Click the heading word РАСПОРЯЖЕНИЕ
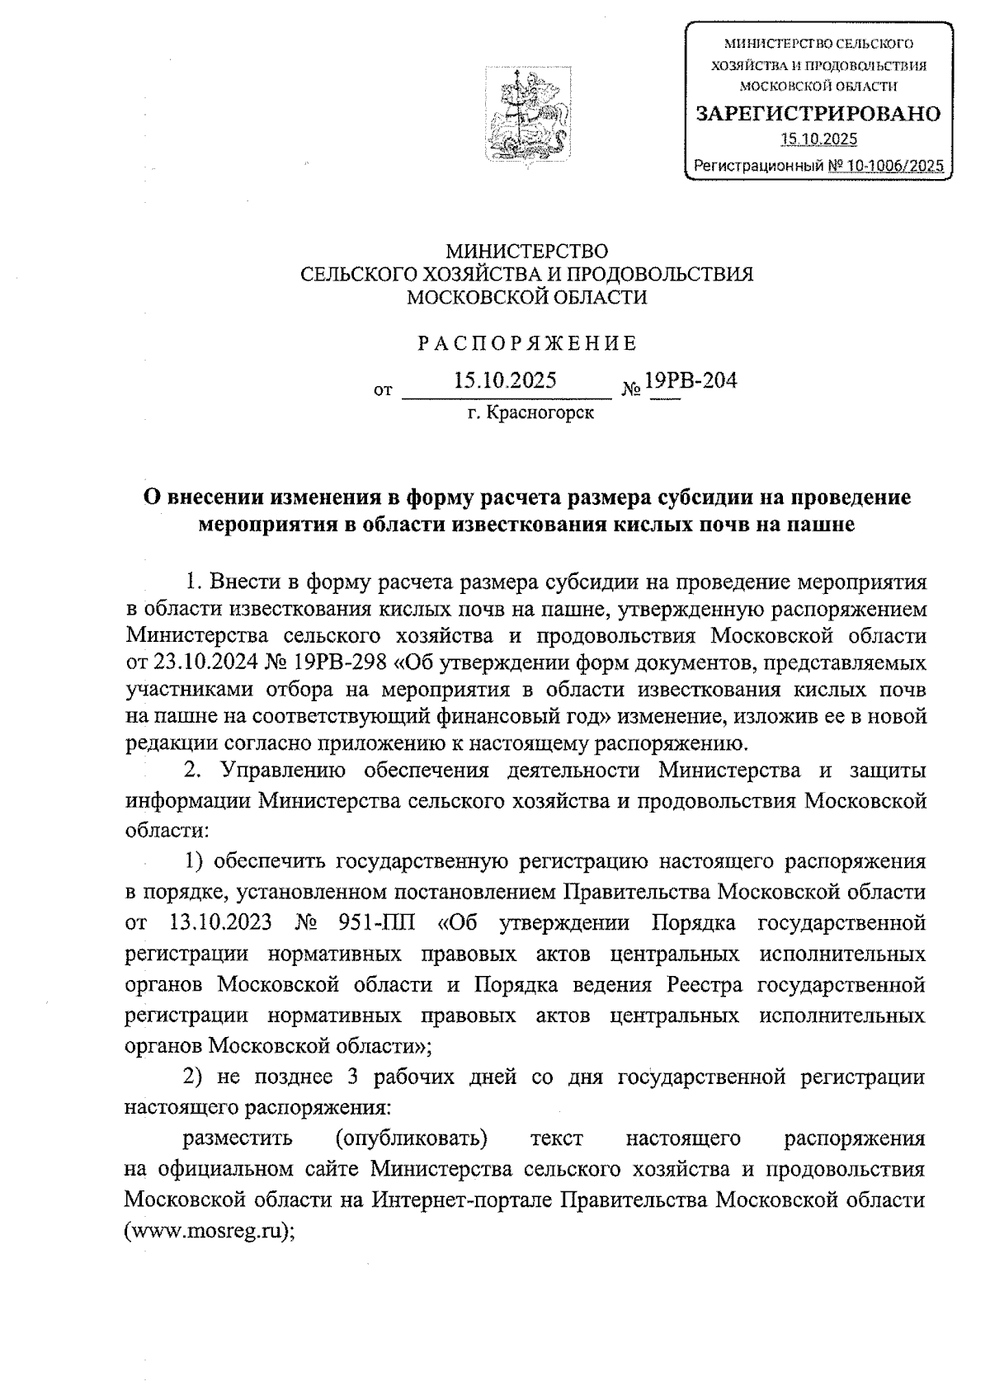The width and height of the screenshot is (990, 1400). (527, 343)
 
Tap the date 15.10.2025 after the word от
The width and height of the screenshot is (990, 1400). (505, 380)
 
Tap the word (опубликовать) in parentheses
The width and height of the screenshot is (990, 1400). (410, 1139)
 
